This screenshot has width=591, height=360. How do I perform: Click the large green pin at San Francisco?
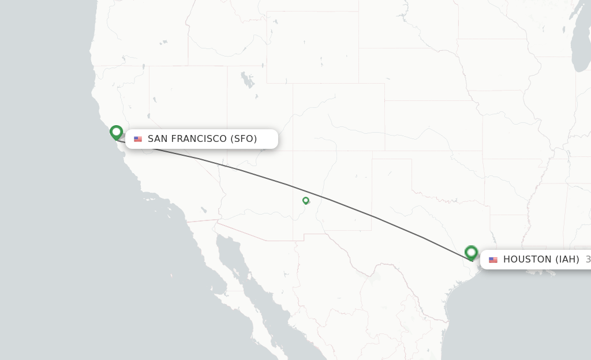click(x=116, y=132)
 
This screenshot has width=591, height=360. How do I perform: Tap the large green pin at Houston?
click(x=471, y=252)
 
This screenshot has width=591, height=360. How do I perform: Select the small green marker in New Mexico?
click(x=305, y=200)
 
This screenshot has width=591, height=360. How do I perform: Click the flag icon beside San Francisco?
click(x=138, y=139)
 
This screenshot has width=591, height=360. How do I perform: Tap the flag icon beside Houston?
click(x=493, y=260)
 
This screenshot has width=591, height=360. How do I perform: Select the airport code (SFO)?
click(x=244, y=139)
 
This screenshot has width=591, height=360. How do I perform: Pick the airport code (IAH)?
click(x=567, y=260)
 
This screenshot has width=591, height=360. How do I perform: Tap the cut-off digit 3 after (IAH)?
click(x=588, y=260)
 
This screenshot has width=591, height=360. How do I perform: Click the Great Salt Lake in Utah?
click(x=248, y=79)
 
